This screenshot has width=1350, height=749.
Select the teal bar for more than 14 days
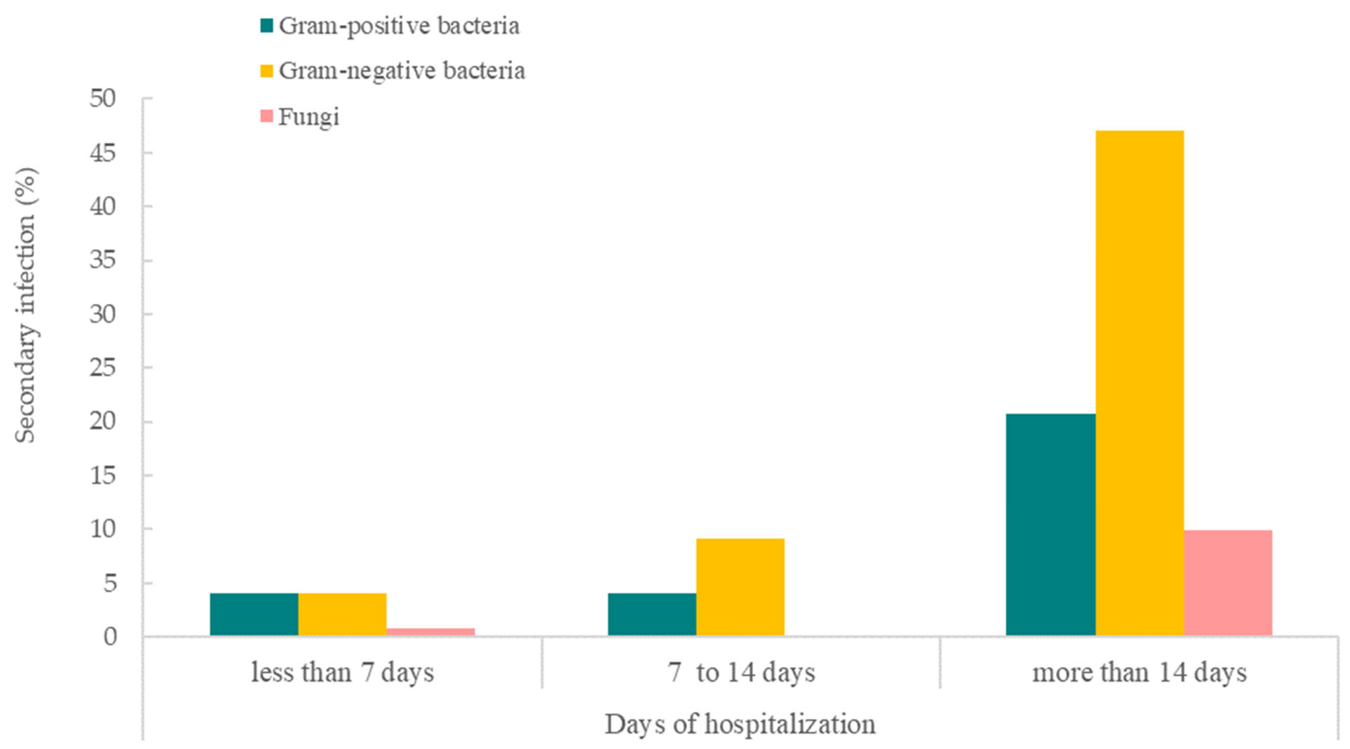1050,524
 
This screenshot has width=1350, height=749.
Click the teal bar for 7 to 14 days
652,614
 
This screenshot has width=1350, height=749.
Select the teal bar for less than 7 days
254,614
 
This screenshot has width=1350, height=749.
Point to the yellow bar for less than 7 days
342,614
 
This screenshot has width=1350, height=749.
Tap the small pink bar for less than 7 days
430,631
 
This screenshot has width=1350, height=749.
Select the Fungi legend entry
300,116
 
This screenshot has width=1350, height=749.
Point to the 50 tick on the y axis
102,98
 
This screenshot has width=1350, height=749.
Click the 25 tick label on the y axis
102,368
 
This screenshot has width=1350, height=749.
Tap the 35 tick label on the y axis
102,260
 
